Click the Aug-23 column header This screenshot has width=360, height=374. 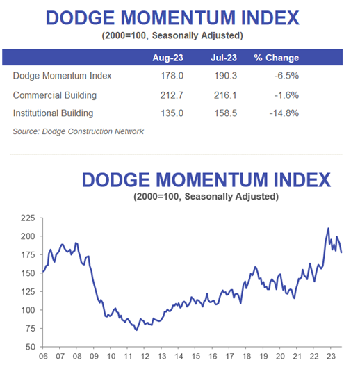(x=165, y=58)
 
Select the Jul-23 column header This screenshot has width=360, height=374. (x=224, y=58)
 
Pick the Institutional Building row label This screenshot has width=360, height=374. (x=52, y=113)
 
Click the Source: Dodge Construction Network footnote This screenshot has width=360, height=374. (x=79, y=131)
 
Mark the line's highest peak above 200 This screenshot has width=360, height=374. (x=329, y=228)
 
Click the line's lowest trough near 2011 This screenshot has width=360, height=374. (x=136, y=330)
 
